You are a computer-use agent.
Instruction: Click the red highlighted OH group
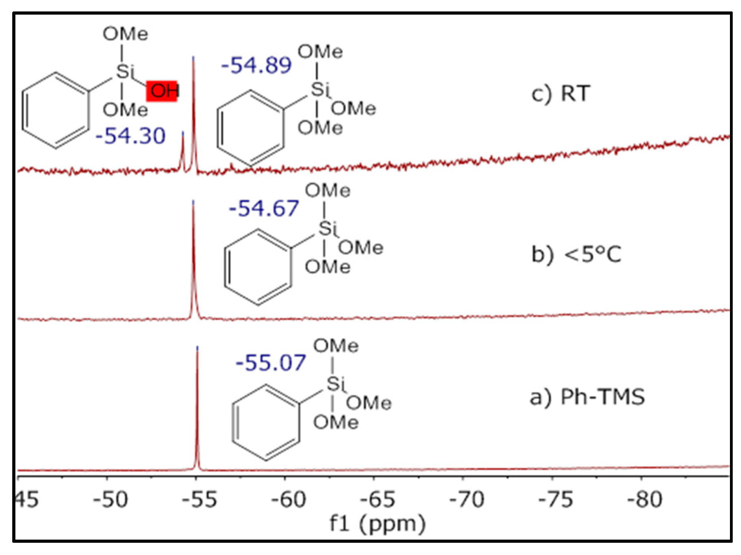coord(162,91)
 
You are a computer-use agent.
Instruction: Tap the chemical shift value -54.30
coord(130,136)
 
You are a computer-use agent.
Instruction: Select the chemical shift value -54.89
coord(256,66)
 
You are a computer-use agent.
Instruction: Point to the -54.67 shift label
coord(264,208)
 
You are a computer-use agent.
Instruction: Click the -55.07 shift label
coord(271,363)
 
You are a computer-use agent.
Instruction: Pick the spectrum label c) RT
coord(561,94)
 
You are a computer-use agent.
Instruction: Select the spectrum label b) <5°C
coord(576,254)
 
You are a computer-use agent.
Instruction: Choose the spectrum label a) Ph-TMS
coord(587,397)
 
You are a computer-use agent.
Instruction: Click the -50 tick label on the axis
coord(110,499)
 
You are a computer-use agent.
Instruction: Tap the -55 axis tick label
coord(199,499)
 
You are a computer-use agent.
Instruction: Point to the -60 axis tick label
coord(288,499)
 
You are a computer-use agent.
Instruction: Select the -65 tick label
coord(377,499)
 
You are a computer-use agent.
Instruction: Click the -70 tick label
coord(467,499)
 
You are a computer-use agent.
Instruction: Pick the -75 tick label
coord(556,499)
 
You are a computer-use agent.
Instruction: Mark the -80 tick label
coord(645,499)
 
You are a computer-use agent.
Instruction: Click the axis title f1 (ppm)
coord(377,524)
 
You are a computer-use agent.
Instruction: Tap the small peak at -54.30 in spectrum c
coord(183,150)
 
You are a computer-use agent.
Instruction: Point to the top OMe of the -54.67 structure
coord(327,191)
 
